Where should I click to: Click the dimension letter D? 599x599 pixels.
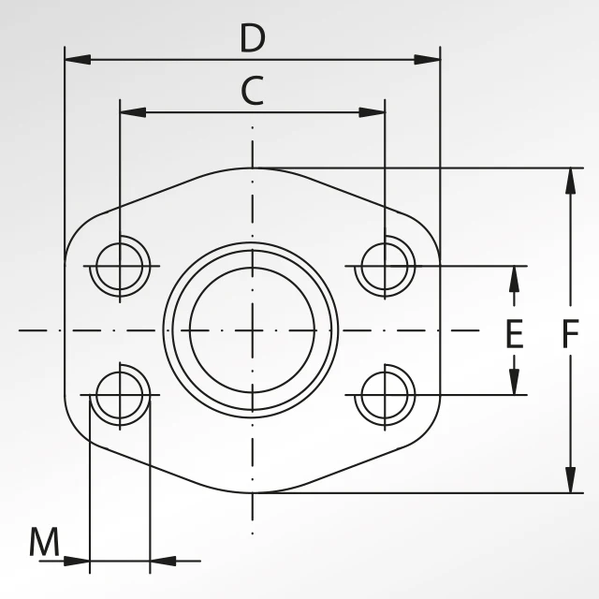(x=253, y=39)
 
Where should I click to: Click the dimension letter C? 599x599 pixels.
(x=252, y=92)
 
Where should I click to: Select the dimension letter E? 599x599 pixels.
(x=514, y=334)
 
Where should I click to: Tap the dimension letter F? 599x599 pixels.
(x=570, y=334)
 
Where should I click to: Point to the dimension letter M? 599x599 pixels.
(x=43, y=542)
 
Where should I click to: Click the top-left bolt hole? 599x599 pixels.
(x=120, y=266)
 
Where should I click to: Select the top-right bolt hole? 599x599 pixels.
(x=384, y=266)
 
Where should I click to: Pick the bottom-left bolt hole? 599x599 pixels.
(x=120, y=395)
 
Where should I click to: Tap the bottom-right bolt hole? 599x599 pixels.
(x=384, y=395)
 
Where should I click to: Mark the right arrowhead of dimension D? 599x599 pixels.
(x=428, y=60)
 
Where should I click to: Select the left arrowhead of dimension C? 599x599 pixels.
(x=133, y=112)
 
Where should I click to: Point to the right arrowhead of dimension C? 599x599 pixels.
(x=372, y=112)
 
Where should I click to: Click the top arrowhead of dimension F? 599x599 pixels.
(x=570, y=181)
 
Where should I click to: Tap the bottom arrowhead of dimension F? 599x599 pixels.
(x=570, y=480)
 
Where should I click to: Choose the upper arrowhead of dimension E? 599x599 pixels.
(x=514, y=278)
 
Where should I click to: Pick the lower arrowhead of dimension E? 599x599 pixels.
(x=514, y=382)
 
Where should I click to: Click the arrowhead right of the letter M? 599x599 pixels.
(x=77, y=562)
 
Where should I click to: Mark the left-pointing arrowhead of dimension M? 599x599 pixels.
(x=163, y=562)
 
